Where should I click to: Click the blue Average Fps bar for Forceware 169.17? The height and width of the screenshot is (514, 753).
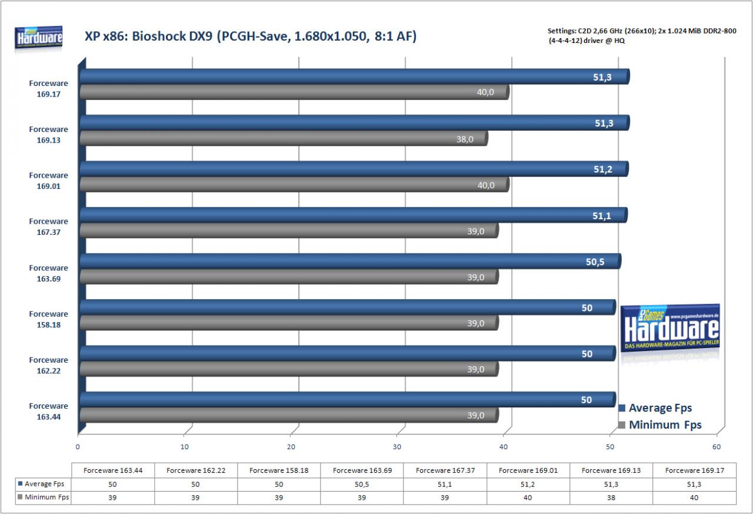coord(355,77)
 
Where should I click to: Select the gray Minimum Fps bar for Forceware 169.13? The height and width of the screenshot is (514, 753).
coord(284,138)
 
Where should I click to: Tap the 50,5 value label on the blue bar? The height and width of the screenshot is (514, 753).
coord(595,261)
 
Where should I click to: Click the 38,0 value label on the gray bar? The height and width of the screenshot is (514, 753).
coord(465,140)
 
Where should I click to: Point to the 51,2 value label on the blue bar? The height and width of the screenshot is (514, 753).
coord(603,169)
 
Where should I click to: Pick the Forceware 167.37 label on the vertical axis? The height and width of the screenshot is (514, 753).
coord(48,227)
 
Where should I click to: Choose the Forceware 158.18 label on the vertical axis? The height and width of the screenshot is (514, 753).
coord(48,319)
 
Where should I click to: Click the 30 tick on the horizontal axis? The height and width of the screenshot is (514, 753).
coord(397,447)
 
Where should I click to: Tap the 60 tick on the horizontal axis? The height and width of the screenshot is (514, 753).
coord(717,447)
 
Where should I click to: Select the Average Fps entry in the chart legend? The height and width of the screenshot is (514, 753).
coord(655,407)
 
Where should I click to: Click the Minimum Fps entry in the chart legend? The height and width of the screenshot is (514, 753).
coord(660,425)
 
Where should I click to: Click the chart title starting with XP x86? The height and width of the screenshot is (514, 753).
coord(251,37)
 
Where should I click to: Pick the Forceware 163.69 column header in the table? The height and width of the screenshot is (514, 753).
coord(362,470)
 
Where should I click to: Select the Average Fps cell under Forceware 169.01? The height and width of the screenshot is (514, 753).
coord(528,485)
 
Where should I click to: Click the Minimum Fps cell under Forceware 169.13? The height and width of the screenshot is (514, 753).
coord(611,498)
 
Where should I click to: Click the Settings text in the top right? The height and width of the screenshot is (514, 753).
coord(642,36)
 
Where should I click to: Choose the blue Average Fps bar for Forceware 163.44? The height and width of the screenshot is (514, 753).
coord(348,400)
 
